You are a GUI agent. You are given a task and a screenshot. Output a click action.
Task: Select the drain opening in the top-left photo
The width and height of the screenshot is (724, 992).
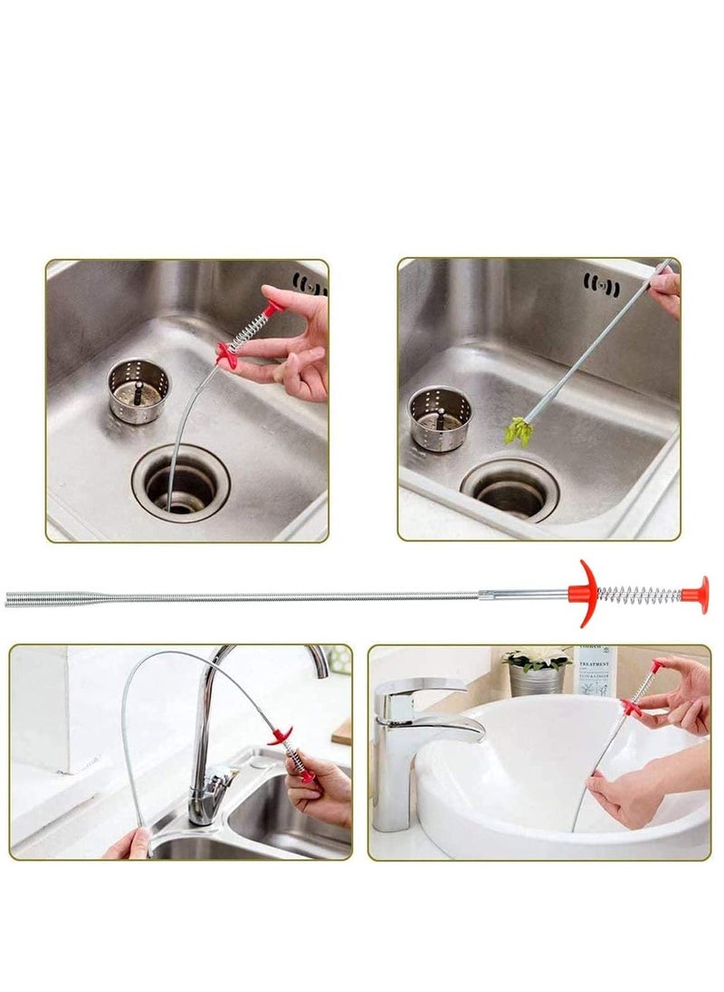(x=181, y=487)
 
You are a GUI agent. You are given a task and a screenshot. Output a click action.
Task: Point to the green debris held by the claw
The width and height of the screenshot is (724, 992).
(x=518, y=431)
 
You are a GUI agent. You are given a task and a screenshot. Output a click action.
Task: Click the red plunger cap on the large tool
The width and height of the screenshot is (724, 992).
(x=695, y=595)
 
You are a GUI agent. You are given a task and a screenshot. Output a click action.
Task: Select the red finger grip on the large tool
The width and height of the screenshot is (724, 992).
(x=586, y=594)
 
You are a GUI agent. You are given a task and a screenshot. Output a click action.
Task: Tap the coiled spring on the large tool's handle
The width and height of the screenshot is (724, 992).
(x=640, y=595)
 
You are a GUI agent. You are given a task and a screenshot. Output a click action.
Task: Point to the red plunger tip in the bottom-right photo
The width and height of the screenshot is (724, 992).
(x=656, y=666)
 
